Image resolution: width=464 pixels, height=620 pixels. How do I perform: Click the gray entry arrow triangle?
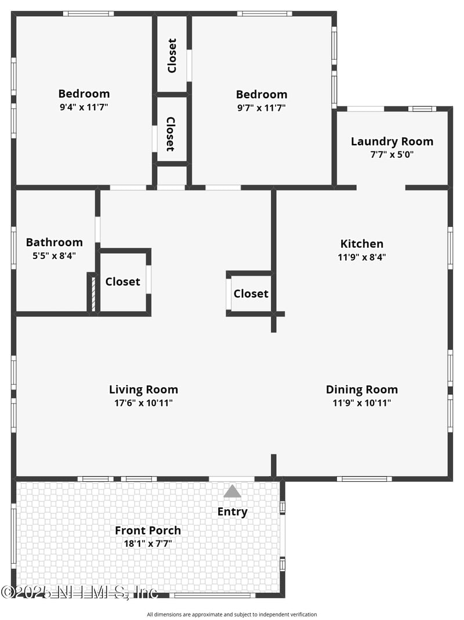pyautogui.click(x=232, y=492)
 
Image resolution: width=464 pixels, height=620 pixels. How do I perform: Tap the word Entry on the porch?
pyautogui.click(x=232, y=511)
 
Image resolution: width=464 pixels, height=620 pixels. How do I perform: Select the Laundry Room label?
pyautogui.click(x=391, y=141)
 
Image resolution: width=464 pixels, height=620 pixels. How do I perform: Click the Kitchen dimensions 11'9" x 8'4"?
pyautogui.click(x=362, y=257)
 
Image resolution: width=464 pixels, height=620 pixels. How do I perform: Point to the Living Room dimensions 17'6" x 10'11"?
pyautogui.click(x=143, y=403)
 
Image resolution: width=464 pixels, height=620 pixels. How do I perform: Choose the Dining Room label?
pyautogui.click(x=361, y=390)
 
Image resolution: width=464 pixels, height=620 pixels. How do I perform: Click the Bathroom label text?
pyautogui.click(x=55, y=242)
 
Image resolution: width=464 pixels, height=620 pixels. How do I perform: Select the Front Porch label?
pyautogui.click(x=147, y=530)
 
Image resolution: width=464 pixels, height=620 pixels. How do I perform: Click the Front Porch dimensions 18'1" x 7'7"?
pyautogui.click(x=147, y=544)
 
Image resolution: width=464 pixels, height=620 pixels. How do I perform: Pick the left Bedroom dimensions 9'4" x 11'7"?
pyautogui.click(x=84, y=107)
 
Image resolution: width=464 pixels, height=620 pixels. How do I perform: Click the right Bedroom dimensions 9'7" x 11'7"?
pyautogui.click(x=261, y=107)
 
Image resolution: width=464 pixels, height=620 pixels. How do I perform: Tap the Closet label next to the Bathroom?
pyautogui.click(x=122, y=282)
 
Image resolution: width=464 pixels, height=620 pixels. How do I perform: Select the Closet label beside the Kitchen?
pyautogui.click(x=251, y=294)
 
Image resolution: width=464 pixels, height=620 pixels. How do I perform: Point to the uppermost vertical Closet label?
pyautogui.click(x=172, y=56)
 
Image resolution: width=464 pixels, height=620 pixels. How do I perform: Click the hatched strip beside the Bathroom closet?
pyautogui.click(x=92, y=293)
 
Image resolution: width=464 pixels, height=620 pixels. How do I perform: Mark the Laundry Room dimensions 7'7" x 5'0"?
pyautogui.click(x=391, y=154)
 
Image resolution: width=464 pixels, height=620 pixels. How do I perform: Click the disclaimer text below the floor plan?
pyautogui.click(x=232, y=614)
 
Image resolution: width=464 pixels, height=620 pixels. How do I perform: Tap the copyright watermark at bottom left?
pyautogui.click(x=79, y=592)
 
